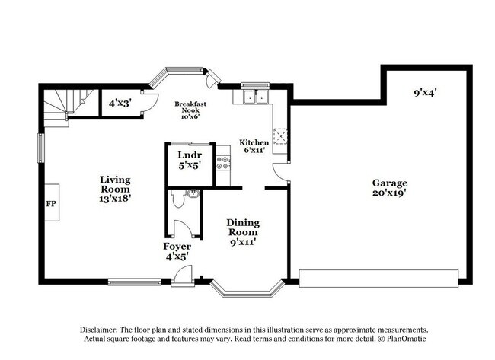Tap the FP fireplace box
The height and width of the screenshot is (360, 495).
click(x=51, y=204)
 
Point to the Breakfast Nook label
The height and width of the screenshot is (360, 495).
click(x=191, y=110)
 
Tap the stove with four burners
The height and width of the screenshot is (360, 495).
click(x=223, y=161)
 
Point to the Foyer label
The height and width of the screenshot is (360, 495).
click(x=177, y=251)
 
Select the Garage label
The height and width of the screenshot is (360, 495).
click(x=389, y=188)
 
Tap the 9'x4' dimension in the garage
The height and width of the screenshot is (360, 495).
click(x=425, y=93)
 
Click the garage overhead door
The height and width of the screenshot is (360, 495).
click(x=380, y=277)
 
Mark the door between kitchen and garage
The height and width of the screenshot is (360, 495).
click(x=282, y=171)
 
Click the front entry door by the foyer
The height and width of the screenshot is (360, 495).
click(x=184, y=276)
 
